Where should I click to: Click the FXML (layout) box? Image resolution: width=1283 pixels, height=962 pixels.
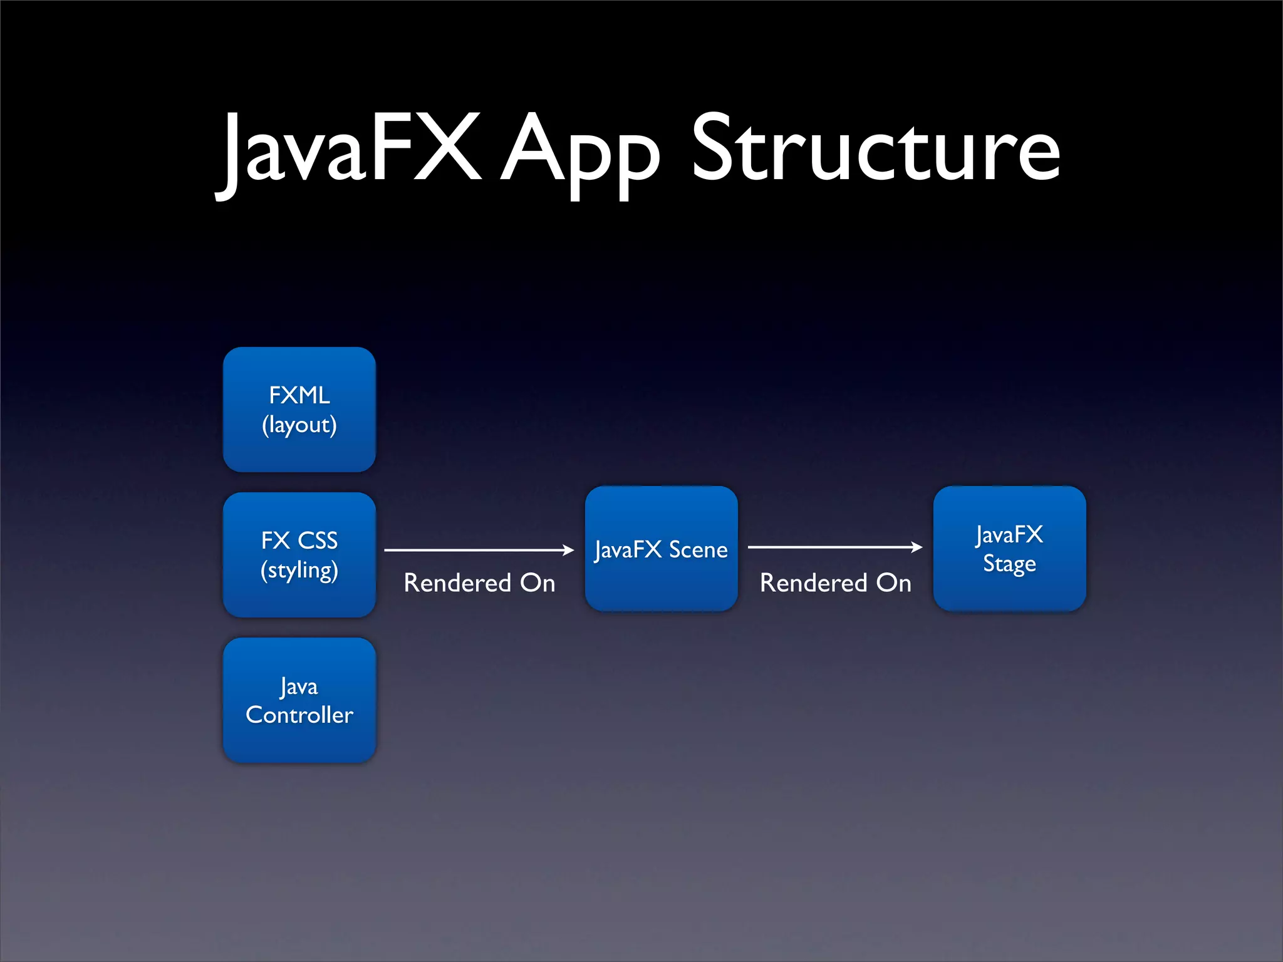(x=299, y=410)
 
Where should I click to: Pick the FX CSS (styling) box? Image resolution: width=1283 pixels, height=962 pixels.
(x=299, y=555)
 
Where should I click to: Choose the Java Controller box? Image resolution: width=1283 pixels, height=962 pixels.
(x=299, y=700)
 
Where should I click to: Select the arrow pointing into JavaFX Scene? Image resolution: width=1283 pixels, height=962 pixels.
(x=476, y=550)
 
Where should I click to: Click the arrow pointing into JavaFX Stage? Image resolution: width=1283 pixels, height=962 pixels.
(x=833, y=547)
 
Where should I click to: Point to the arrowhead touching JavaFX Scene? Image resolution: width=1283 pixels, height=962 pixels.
(x=568, y=550)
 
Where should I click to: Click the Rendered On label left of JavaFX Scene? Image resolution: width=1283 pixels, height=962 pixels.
(x=479, y=583)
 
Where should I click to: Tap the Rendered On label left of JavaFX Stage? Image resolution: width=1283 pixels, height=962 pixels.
(x=835, y=583)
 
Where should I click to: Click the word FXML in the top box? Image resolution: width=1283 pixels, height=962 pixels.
(x=299, y=395)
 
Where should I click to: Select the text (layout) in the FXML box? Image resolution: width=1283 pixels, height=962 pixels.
(x=299, y=425)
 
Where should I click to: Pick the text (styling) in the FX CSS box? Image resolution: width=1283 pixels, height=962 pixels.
(x=299, y=571)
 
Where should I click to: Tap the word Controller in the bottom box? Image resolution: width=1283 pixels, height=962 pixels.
(x=299, y=715)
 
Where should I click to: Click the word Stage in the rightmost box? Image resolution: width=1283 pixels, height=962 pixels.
(x=1009, y=564)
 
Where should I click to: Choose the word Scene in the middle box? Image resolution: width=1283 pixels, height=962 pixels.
(x=698, y=550)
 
